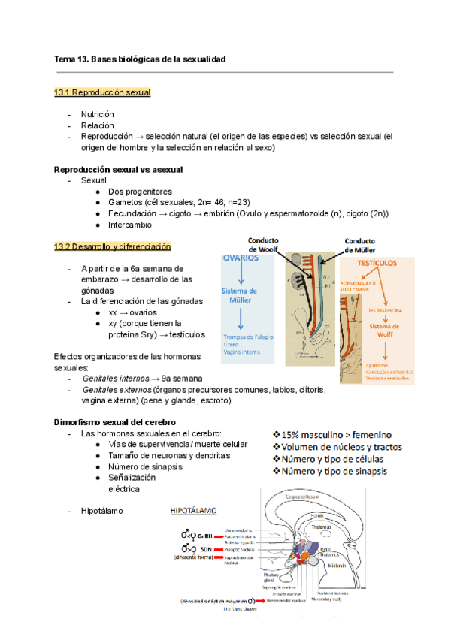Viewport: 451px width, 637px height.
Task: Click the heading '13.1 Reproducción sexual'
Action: [x=102, y=92]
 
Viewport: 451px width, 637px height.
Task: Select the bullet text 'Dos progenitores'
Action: [x=141, y=192]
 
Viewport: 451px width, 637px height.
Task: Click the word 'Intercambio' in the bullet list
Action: [x=130, y=225]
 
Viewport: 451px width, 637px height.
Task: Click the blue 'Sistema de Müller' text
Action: [x=240, y=295]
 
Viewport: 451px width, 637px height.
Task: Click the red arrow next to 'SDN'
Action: [x=212, y=550]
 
